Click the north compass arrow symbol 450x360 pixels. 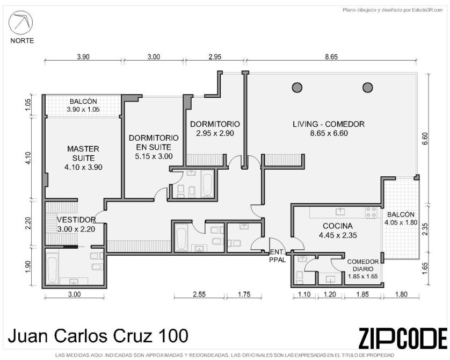(x=20, y=23)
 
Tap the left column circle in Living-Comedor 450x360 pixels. (x=297, y=87)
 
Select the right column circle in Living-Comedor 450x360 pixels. (x=368, y=87)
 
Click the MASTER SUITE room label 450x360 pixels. (x=83, y=153)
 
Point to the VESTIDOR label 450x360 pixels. (x=76, y=220)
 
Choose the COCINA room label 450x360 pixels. (x=338, y=226)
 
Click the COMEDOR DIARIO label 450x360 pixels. (x=363, y=265)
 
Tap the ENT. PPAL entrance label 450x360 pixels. (x=278, y=256)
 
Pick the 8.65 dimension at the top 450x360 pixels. (x=331, y=57)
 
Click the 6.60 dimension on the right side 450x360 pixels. (x=425, y=139)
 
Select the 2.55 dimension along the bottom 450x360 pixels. (x=199, y=294)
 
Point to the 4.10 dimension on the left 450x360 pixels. (x=27, y=158)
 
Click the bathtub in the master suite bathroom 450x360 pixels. (x=52, y=270)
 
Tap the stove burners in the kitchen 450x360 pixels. (x=371, y=212)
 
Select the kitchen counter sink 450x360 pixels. (x=340, y=212)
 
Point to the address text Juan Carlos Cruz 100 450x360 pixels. (x=98, y=336)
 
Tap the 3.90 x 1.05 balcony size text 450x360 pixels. (x=83, y=110)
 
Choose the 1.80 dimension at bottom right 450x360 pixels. (x=401, y=294)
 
